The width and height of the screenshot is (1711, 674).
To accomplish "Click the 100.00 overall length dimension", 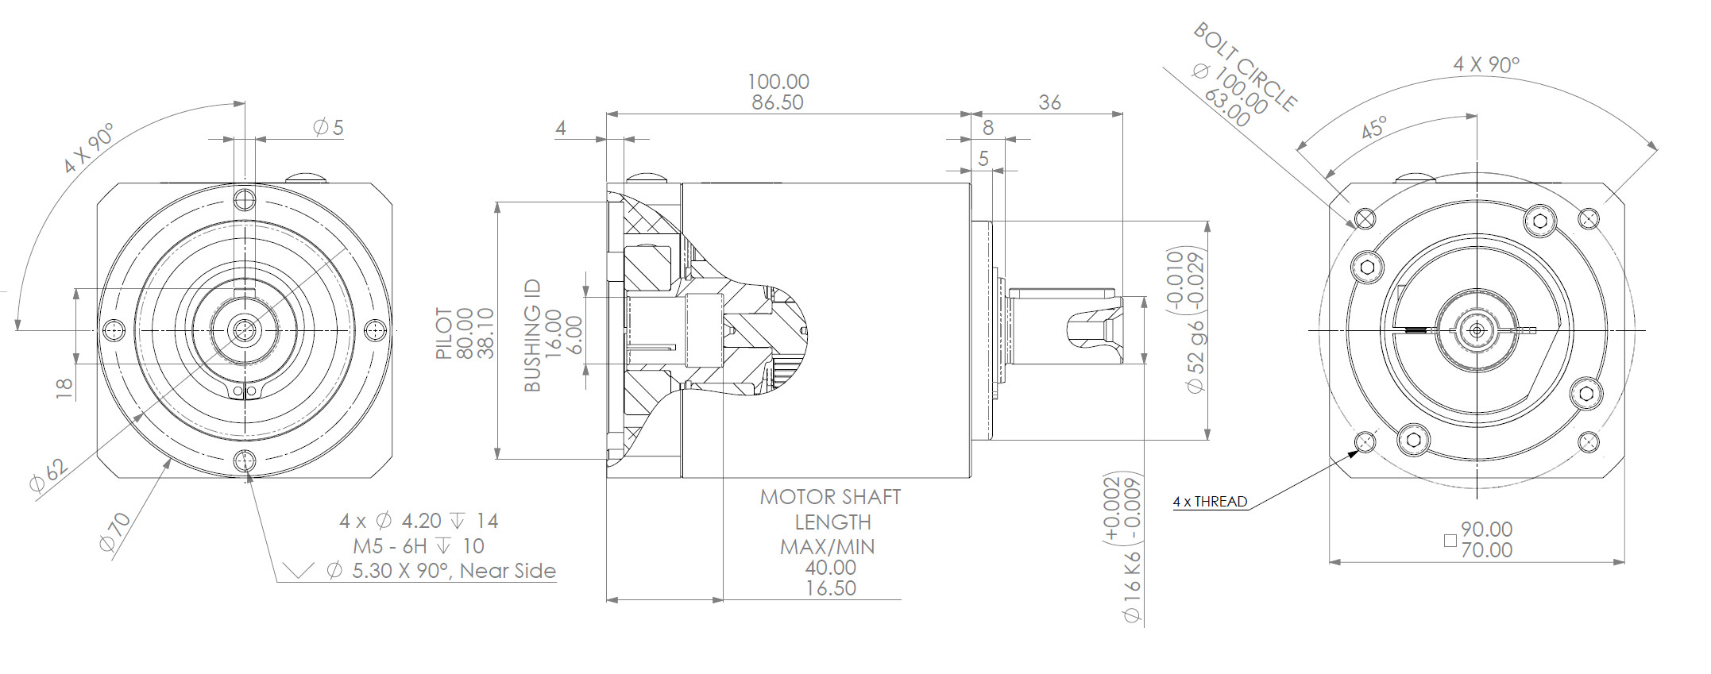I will pos(778,82).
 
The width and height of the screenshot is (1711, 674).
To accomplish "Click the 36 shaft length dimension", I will pos(1049,102).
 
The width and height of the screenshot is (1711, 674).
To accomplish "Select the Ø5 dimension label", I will pos(328,127).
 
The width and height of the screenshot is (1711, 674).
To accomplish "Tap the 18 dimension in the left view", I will pos(64,387).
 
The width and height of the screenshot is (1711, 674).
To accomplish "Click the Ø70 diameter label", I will pos(115,532).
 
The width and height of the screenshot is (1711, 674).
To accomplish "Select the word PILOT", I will pos(444,333).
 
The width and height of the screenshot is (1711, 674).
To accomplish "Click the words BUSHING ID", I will pos(532,335).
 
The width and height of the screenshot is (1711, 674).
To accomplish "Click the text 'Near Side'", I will pos(508,571).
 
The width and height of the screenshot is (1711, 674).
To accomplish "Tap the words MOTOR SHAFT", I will pos(830,497).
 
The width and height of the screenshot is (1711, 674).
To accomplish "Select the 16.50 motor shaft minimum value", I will pos(830,588).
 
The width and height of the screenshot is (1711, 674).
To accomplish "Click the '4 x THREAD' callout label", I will pos(1210,502).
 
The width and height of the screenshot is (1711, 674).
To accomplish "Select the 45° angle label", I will pos(1373,127).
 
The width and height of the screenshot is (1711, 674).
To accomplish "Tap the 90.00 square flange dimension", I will pos(1486,529).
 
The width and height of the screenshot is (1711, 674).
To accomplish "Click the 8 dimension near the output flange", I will pos(988,127).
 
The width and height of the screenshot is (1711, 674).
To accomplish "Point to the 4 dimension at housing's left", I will pos(561,128).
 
